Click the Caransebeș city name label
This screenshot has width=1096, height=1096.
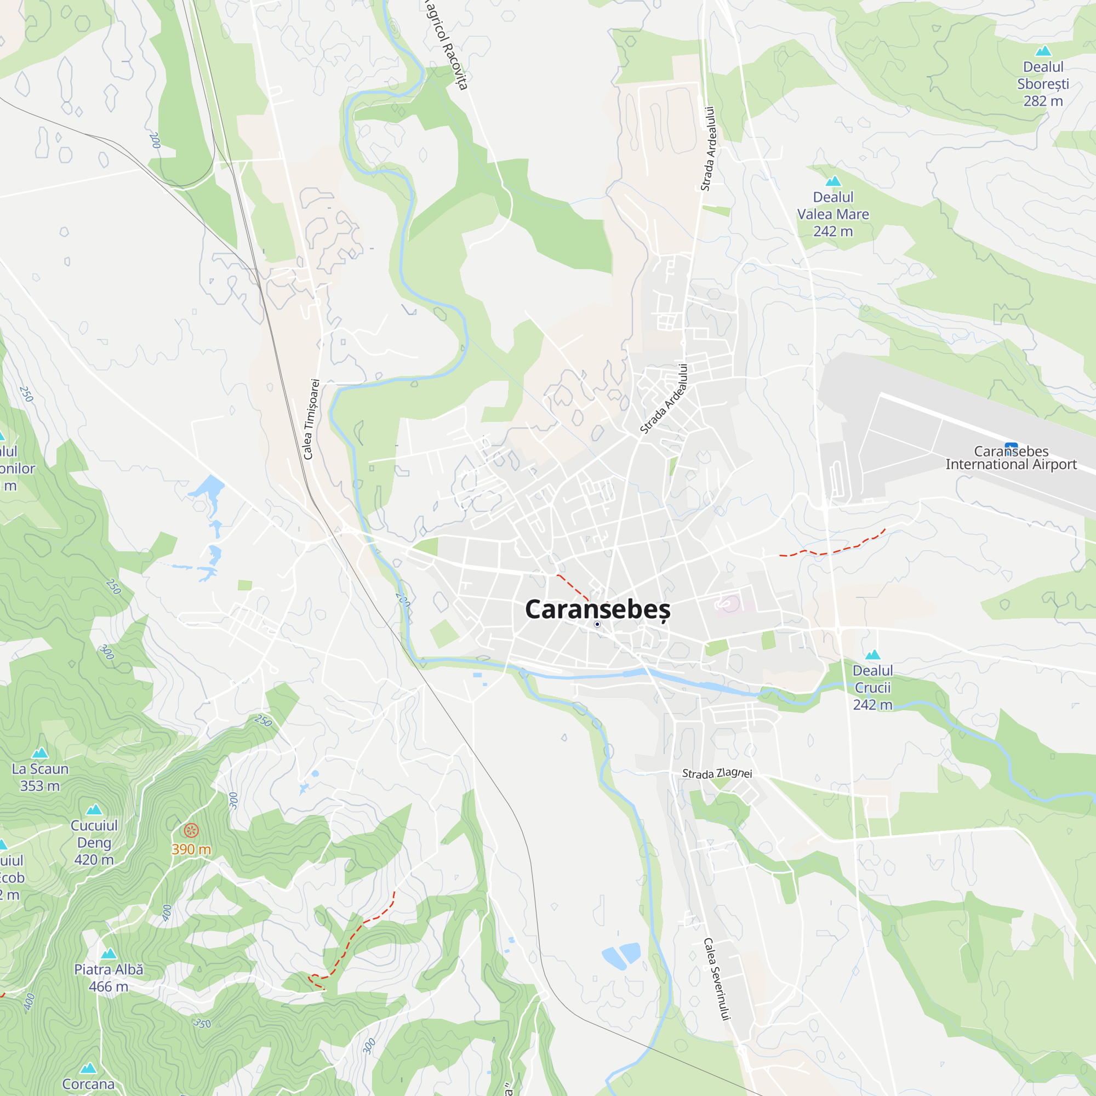(597, 609)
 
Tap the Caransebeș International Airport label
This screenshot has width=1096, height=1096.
(1011, 458)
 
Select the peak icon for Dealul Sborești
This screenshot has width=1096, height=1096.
(1043, 52)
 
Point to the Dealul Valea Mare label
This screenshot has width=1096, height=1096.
(833, 214)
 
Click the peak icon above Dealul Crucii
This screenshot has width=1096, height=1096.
(872, 655)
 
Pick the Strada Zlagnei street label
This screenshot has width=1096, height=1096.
(716, 773)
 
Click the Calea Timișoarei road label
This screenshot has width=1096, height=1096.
(311, 419)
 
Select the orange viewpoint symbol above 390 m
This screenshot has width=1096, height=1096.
(192, 831)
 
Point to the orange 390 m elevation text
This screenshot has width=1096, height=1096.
(191, 849)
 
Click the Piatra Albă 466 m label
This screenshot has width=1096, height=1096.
(109, 978)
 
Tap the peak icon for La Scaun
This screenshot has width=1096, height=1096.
(39, 753)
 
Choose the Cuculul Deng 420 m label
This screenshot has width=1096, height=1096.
(94, 842)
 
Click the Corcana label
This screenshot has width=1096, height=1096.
(88, 1084)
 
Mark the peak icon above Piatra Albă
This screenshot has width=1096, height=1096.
(109, 954)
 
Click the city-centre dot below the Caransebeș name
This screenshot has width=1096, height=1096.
(597, 624)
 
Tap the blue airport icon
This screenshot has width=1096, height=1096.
(1011, 446)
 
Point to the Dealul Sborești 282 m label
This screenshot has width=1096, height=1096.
(1043, 84)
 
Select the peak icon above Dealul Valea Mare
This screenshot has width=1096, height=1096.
(833, 181)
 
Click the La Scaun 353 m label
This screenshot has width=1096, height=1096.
(39, 777)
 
